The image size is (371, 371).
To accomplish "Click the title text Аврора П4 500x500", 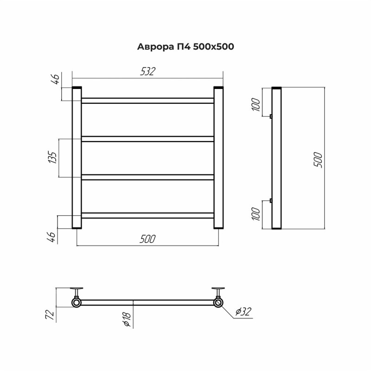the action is (185, 47).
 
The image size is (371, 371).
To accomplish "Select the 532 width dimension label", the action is (148, 71).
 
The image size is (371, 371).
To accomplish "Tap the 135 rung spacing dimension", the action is (53, 157).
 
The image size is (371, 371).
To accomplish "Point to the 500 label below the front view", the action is (147, 239).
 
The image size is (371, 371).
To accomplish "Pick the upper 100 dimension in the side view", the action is (256, 104).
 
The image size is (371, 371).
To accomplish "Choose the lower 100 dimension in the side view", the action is (256, 214).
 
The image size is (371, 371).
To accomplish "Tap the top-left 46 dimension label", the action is (55, 79).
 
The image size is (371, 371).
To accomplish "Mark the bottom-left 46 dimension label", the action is (51, 237).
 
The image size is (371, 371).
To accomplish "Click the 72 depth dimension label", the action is (50, 314).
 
